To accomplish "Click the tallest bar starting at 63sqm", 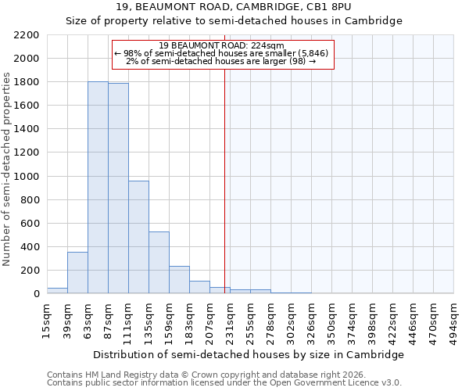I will (98, 188).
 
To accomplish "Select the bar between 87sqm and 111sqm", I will (118, 188).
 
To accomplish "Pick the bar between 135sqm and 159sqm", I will (159, 263).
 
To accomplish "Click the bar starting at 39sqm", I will (77, 273).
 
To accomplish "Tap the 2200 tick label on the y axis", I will (27, 35).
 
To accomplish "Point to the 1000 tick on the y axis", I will (27, 177).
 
